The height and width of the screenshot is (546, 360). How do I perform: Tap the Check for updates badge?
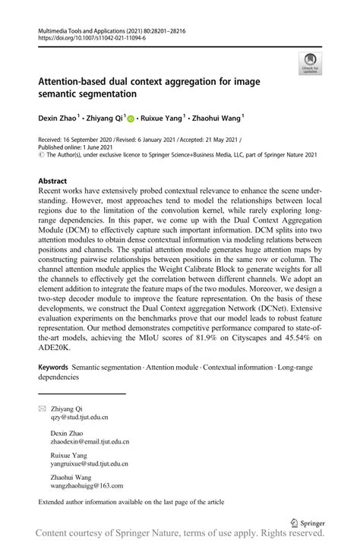click(x=309, y=64)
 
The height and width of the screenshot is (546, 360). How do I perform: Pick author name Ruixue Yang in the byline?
click(x=163, y=118)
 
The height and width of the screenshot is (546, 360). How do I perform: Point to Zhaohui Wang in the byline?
click(x=217, y=118)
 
